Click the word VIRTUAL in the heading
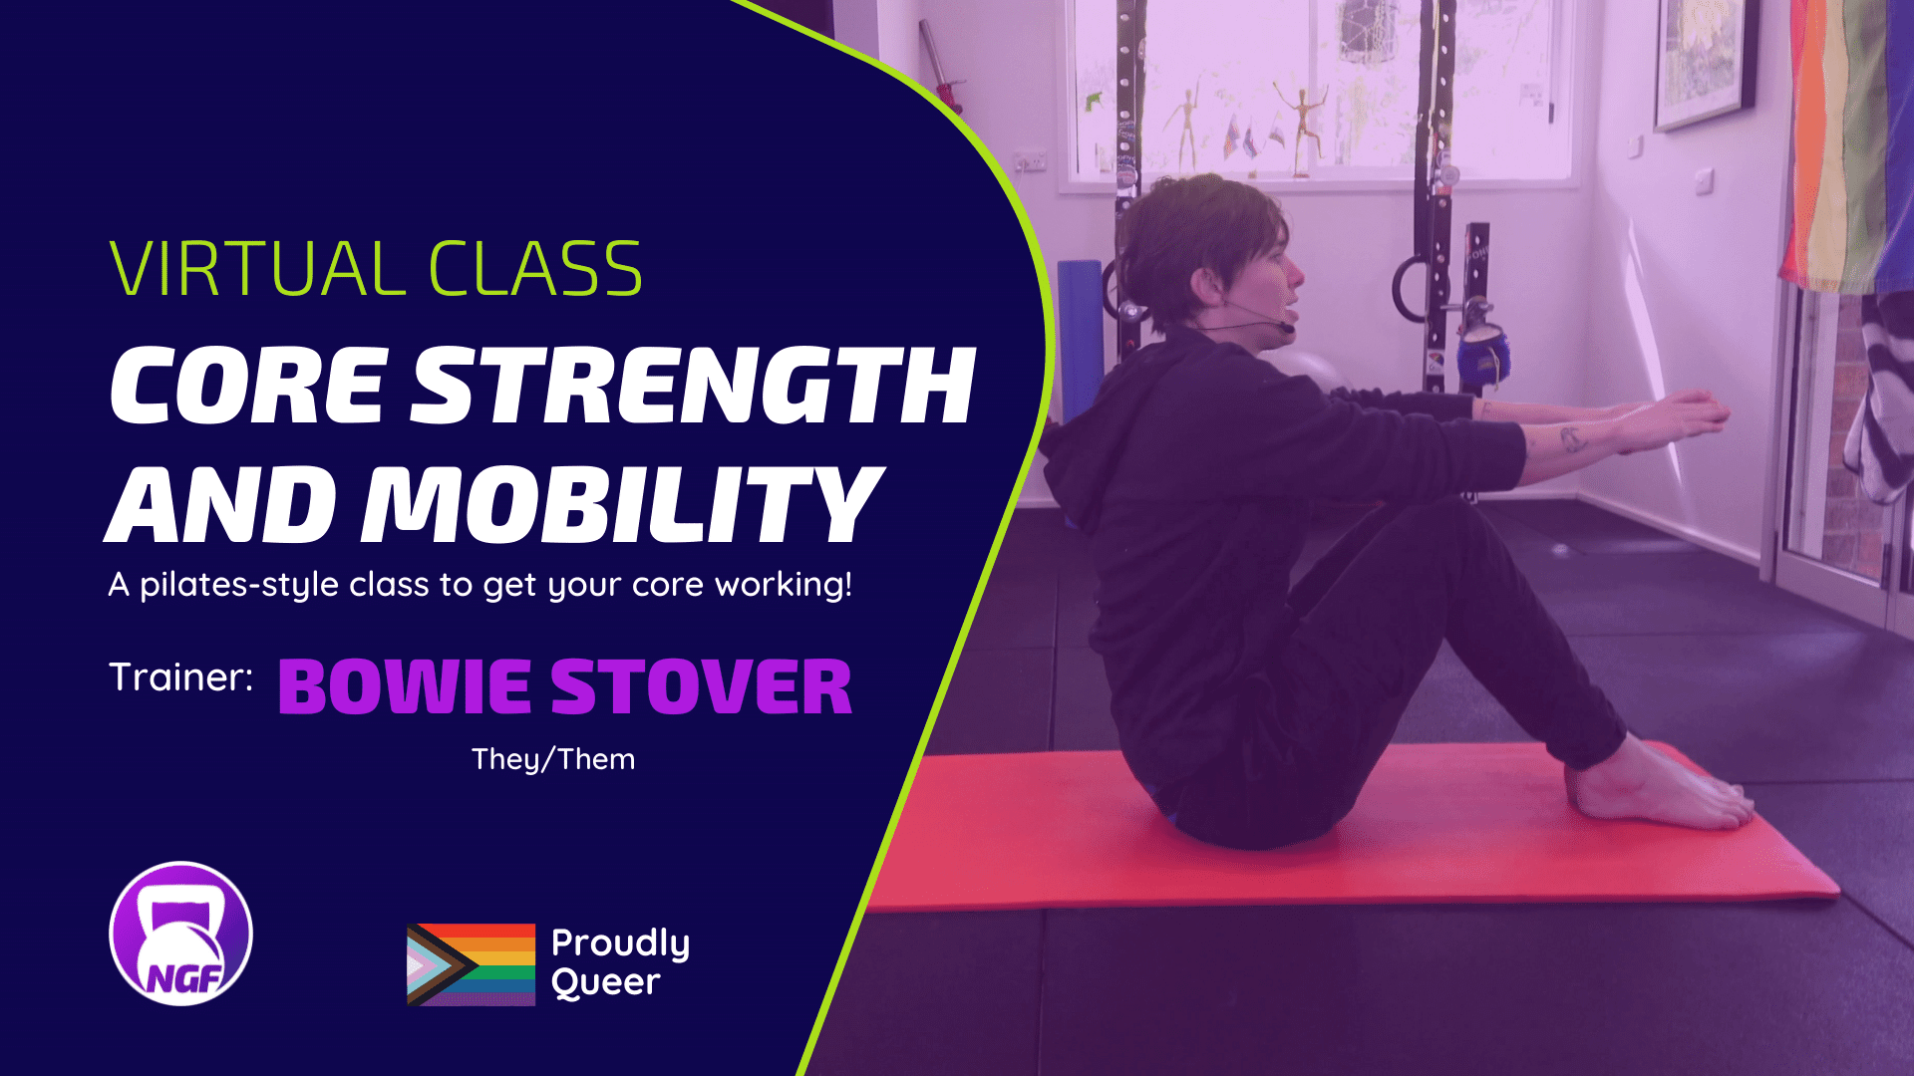(253, 269)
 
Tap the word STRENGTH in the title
(694, 386)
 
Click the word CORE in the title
(248, 386)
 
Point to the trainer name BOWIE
(405, 686)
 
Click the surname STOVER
(702, 686)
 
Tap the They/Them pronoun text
(553, 759)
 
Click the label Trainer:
(180, 677)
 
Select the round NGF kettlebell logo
(180, 934)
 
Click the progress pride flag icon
(471, 964)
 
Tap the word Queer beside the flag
(606, 983)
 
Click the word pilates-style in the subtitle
(239, 585)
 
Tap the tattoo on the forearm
(1572, 437)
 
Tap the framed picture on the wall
(1704, 60)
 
